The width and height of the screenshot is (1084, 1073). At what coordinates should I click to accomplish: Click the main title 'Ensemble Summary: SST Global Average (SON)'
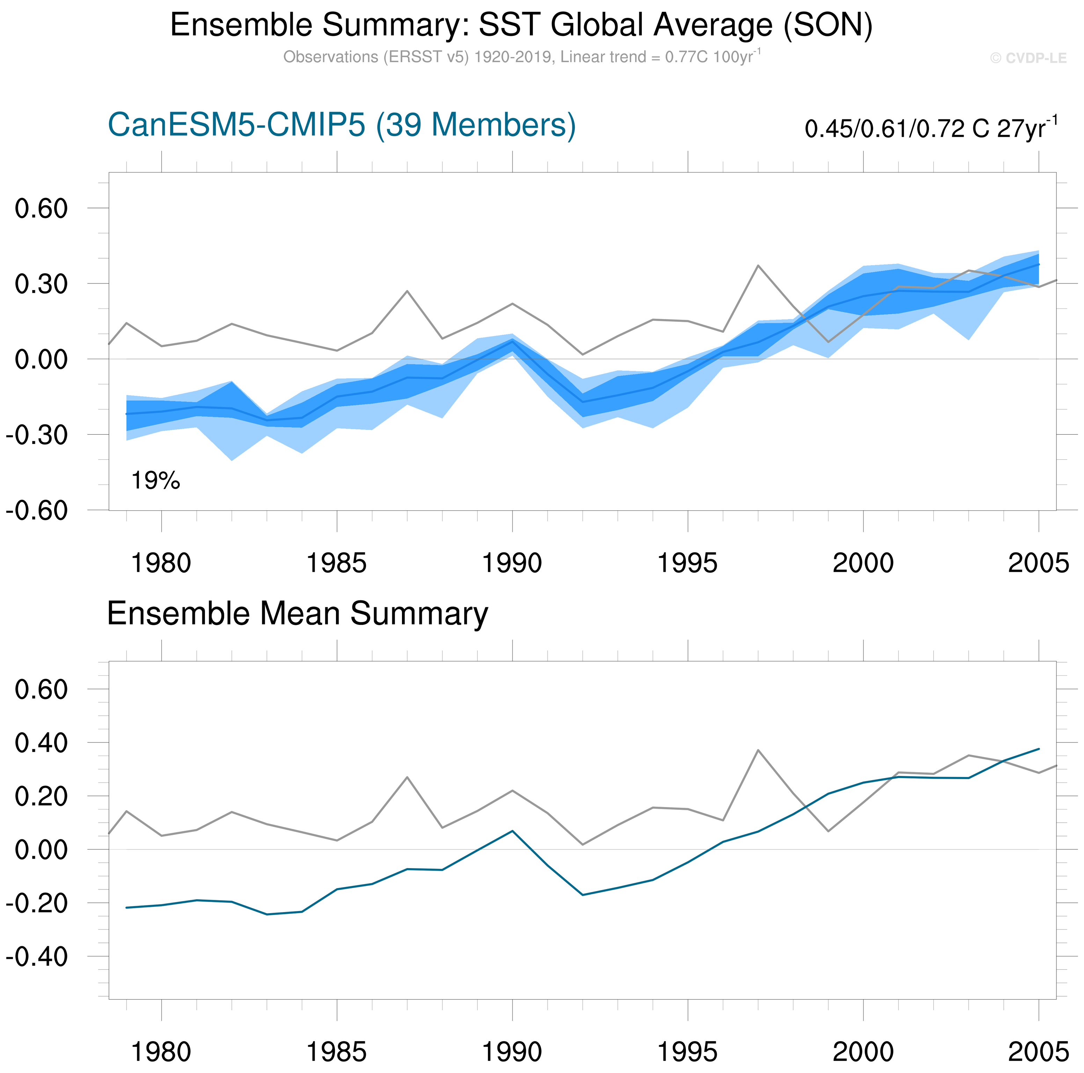pyautogui.click(x=521, y=25)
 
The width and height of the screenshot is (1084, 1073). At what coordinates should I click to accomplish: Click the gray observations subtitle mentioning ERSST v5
pyautogui.click(x=521, y=57)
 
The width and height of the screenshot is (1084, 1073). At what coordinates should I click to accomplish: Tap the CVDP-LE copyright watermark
pyautogui.click(x=1028, y=58)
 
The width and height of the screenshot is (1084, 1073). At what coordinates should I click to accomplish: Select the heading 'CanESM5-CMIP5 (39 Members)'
pyautogui.click(x=341, y=125)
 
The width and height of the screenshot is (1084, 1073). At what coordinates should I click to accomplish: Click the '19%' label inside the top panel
pyautogui.click(x=155, y=481)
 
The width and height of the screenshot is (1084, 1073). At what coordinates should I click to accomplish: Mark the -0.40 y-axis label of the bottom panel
pyautogui.click(x=36, y=956)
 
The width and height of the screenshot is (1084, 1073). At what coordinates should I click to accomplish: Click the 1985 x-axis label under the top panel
pyautogui.click(x=337, y=563)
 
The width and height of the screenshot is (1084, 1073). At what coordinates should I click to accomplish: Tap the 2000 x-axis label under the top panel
pyautogui.click(x=863, y=563)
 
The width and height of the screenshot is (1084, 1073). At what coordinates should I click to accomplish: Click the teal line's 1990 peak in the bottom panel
pyautogui.click(x=512, y=831)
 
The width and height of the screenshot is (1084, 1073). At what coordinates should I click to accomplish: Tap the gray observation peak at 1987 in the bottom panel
pyautogui.click(x=407, y=777)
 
